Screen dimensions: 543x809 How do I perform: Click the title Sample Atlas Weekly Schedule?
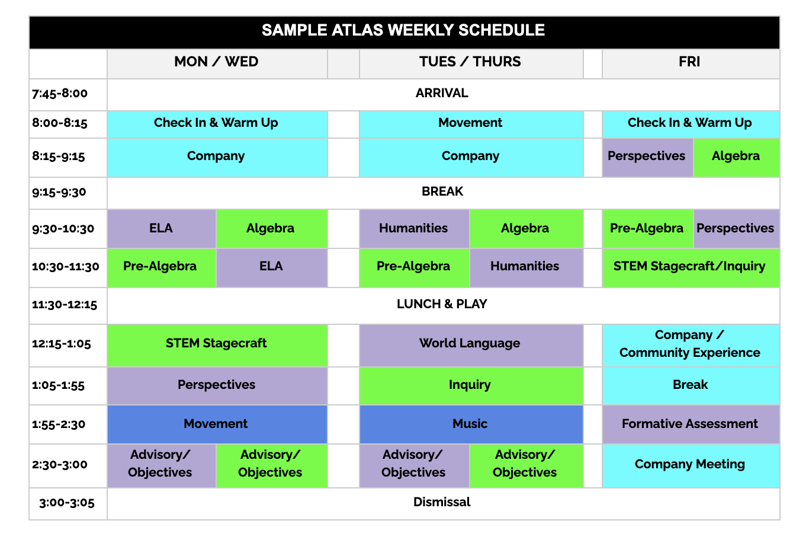click(403, 30)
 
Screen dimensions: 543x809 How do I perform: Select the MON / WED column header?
click(216, 62)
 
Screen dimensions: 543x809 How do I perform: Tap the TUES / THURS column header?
click(470, 62)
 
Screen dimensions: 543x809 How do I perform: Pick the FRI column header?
click(689, 62)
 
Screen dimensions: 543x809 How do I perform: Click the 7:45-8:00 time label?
click(60, 93)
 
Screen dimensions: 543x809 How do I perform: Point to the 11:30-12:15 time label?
click(65, 305)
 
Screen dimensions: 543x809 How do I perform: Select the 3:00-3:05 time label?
click(67, 503)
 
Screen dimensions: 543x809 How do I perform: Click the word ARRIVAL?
click(442, 93)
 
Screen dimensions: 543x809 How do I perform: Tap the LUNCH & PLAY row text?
click(442, 304)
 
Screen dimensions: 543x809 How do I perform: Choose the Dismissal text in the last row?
click(442, 502)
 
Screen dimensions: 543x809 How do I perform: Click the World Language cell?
click(470, 344)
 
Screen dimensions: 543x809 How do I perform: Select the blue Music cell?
click(470, 424)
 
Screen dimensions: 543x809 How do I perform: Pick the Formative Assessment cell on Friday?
click(690, 424)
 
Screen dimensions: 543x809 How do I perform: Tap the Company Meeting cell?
click(690, 464)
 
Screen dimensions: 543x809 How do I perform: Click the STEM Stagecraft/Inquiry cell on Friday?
click(690, 266)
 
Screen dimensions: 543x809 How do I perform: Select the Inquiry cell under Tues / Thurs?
click(470, 385)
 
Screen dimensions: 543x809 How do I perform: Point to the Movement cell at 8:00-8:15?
click(470, 123)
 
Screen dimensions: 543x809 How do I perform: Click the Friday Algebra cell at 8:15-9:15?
click(736, 156)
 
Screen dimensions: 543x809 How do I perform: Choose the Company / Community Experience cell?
click(690, 344)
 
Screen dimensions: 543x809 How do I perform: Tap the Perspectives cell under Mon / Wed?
click(216, 385)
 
